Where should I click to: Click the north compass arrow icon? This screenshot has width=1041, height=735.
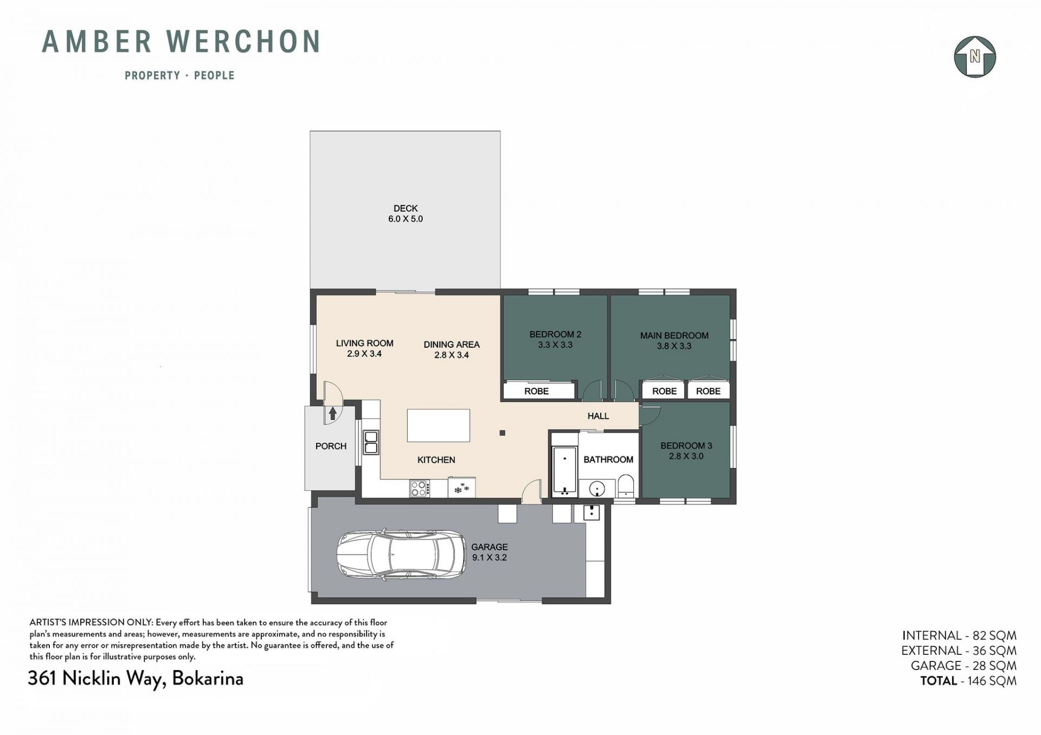point(975,57)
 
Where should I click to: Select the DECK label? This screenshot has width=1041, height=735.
point(406,209)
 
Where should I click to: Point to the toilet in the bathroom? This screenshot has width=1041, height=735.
point(626,485)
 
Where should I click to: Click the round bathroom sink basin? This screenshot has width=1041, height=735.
point(597,489)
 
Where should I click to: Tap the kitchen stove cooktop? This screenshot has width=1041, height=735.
point(419,489)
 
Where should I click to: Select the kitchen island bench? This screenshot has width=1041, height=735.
point(439,426)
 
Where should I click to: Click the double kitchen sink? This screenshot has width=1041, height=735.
point(371,442)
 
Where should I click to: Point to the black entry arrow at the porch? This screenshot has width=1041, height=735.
point(333,413)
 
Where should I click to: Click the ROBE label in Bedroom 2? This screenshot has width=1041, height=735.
point(536,391)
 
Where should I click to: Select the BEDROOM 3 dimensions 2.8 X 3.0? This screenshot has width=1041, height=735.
point(686,456)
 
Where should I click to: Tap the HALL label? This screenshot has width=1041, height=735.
point(598,416)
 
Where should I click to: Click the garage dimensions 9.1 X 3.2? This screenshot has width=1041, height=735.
point(489,557)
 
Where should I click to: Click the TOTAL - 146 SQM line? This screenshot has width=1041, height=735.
point(968,681)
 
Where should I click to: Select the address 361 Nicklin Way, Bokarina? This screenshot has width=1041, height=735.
point(136,679)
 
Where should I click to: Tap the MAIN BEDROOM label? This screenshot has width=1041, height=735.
point(674,336)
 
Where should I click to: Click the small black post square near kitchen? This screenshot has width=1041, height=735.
point(503,433)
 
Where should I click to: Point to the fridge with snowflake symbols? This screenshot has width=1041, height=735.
point(461,487)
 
